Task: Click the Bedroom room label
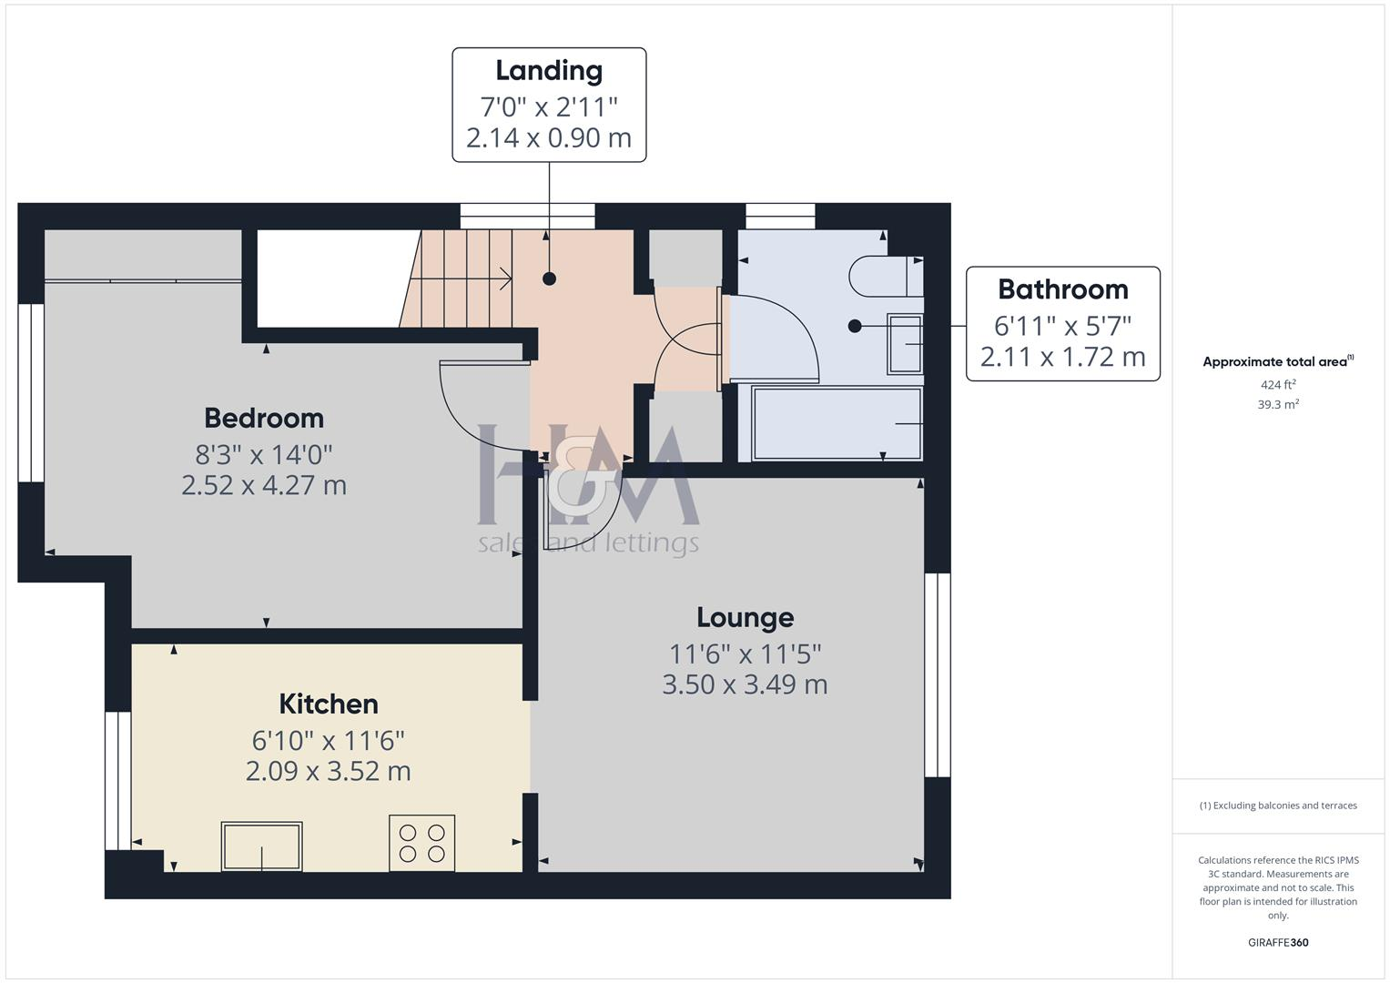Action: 264,418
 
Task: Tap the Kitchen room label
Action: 328,704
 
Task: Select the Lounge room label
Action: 745,617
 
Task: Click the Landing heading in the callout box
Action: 549,70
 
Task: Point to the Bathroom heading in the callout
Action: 1062,289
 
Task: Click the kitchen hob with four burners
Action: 421,843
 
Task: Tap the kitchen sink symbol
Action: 262,846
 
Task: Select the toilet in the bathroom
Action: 884,276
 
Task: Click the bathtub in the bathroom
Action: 837,424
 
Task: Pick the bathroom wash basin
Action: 905,344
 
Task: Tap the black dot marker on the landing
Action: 549,279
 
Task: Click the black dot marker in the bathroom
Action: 854,326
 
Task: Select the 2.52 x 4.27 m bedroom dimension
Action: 264,485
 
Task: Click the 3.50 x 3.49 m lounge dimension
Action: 745,684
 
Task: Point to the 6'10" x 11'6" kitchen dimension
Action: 328,740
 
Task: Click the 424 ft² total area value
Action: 1277,385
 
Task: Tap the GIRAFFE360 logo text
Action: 1277,942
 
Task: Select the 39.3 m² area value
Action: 1277,405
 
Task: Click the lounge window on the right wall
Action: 938,674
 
